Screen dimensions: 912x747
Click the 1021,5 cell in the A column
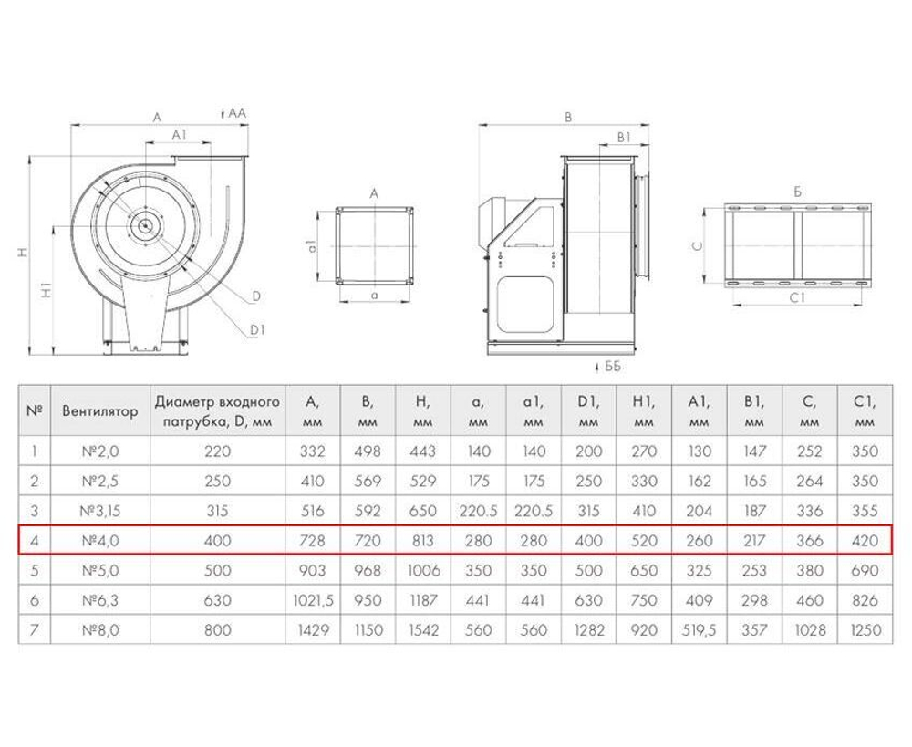click(312, 600)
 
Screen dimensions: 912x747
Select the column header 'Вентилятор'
click(100, 410)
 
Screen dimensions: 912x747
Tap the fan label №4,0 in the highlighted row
click(100, 541)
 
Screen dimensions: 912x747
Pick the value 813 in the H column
click(423, 541)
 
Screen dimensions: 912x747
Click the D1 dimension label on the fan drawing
click(257, 330)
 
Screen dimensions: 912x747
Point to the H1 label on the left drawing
click(47, 290)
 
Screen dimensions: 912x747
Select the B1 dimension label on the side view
click(624, 138)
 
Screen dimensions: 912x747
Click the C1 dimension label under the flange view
click(797, 298)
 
